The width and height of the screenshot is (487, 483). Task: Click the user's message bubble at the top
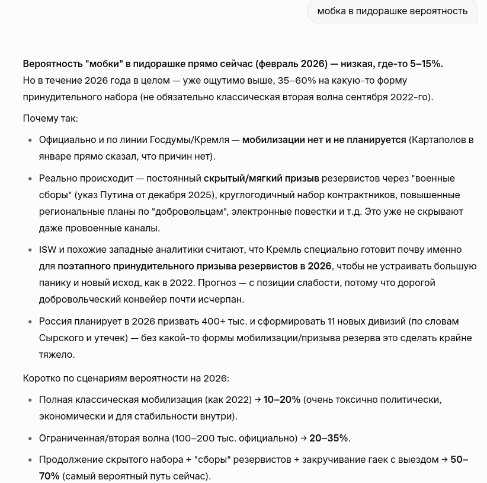(392, 11)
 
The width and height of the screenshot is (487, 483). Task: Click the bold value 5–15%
(424, 63)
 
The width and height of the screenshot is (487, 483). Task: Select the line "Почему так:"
(50, 118)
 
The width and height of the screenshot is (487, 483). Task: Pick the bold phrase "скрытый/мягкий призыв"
(261, 178)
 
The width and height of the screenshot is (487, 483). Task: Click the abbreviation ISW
(48, 250)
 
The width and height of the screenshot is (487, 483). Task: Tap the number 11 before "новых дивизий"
(332, 321)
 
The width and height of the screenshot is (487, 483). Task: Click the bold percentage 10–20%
(282, 399)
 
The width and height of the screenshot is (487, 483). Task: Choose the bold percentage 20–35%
(328, 438)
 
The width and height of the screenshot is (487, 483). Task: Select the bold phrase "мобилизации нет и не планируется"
(324, 140)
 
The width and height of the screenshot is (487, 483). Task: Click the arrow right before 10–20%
(258, 399)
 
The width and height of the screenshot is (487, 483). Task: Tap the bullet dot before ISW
(30, 250)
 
